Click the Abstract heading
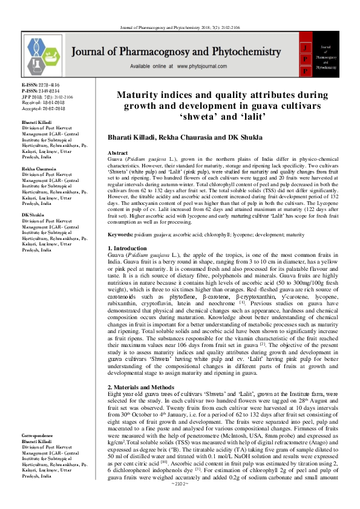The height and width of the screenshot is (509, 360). [x=118, y=154]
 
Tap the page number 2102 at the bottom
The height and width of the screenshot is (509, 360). [x=180, y=501]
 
